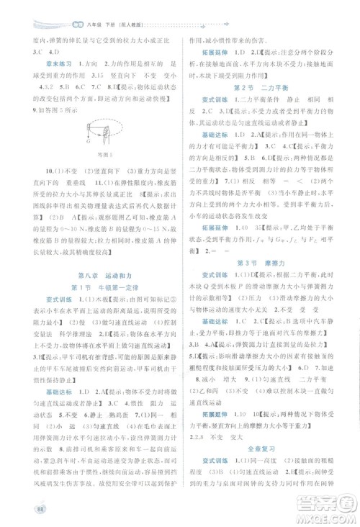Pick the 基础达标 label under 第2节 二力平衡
pos(214,135)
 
